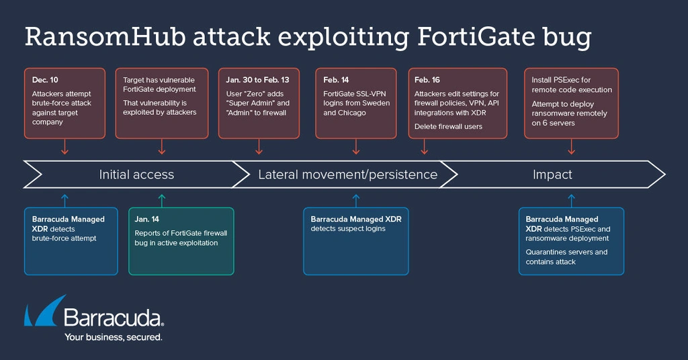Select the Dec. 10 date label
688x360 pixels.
[45, 81]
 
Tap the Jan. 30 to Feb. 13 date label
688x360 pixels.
[257, 81]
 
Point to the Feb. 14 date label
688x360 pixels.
[337, 81]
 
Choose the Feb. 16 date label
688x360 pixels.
[428, 81]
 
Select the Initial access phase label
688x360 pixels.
[136, 175]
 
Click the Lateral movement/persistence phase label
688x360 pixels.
[347, 175]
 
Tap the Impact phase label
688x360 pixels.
[552, 175]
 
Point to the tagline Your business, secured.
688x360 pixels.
[113, 337]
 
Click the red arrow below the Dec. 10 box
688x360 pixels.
[64, 147]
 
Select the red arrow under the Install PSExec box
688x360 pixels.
[571, 147]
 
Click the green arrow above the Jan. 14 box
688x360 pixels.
[161, 199]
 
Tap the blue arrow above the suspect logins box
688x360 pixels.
[356, 199]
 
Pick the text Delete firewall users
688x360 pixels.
[448, 126]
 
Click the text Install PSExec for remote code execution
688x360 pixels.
[572, 85]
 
